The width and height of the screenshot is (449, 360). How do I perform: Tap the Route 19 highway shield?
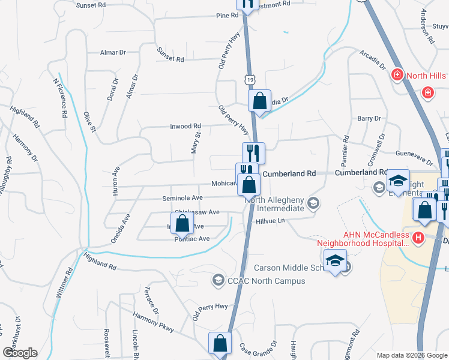coord(249,78)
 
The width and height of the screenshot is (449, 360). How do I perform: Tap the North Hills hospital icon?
coord(397,75)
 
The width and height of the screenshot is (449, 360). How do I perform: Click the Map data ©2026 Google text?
coord(411,355)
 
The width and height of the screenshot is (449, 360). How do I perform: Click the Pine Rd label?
coord(228,15)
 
